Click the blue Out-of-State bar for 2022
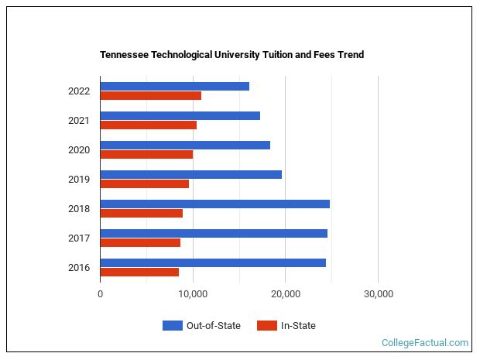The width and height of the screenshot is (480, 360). (x=174, y=86)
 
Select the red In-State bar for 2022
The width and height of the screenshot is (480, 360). (x=150, y=96)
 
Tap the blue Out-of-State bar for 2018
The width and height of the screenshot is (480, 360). (x=214, y=204)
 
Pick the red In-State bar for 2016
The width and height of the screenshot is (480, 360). (x=139, y=273)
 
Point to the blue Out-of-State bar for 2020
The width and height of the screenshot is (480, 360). (x=185, y=145)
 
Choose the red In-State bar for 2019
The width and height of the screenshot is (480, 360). (x=144, y=184)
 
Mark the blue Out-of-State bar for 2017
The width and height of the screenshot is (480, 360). (x=214, y=233)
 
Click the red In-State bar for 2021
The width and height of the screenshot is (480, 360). (x=148, y=125)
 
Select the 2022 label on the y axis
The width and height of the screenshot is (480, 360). (x=79, y=91)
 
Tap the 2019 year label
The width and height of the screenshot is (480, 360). (x=79, y=180)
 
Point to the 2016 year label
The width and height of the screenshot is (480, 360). (x=79, y=268)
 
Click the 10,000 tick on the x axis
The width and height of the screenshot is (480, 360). (x=193, y=294)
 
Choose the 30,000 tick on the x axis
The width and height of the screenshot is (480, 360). (x=378, y=294)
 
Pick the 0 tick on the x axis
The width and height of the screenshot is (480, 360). (x=101, y=294)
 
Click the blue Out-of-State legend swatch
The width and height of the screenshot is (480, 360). (x=172, y=326)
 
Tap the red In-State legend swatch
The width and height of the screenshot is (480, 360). (x=266, y=326)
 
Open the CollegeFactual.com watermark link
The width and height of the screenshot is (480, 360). (x=425, y=342)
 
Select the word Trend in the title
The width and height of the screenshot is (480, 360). (x=350, y=55)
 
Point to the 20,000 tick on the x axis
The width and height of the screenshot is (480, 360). (x=285, y=294)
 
